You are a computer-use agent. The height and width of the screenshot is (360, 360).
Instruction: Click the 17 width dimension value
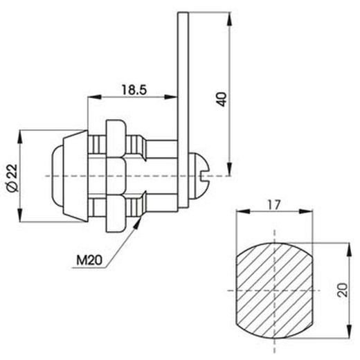[273, 205]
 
